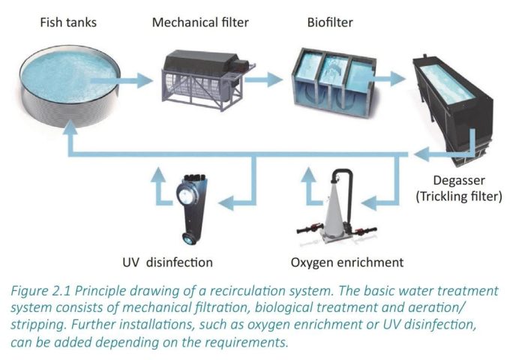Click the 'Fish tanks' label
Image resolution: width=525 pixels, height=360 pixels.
point(67,22)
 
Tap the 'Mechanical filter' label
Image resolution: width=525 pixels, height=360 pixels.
point(200,22)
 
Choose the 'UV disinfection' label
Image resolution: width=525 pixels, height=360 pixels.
point(168,262)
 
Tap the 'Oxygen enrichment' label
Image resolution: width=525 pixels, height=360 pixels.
point(346,262)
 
